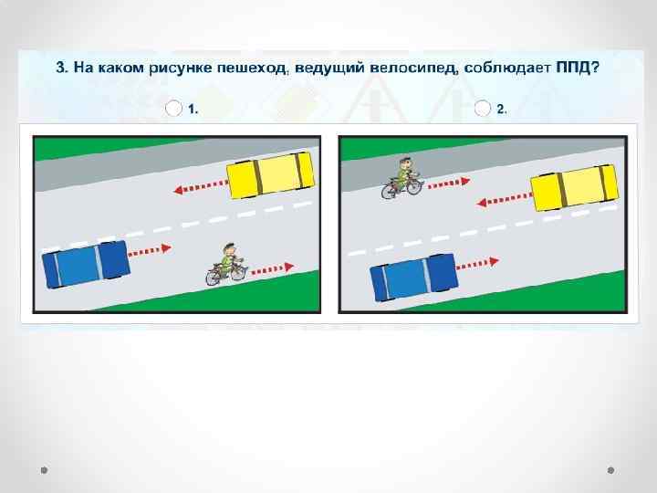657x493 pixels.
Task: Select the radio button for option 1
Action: (173, 108)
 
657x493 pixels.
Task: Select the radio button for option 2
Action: (483, 108)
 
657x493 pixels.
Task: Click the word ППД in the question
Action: (573, 67)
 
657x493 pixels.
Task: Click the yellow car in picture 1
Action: (270, 174)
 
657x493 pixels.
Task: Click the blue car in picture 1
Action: (86, 264)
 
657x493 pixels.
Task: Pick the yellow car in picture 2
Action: (575, 187)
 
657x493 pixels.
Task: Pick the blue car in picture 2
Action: (414, 278)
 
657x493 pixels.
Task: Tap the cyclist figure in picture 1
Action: (226, 265)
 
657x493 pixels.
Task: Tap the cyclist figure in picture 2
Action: (402, 178)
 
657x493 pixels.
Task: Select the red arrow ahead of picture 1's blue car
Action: (150, 251)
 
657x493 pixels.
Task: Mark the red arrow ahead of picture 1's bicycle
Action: (272, 269)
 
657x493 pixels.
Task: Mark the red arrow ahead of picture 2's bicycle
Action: (449, 183)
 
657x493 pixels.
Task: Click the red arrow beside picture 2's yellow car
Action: (504, 200)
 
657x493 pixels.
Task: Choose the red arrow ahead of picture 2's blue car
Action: (477, 264)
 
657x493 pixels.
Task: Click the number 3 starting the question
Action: (61, 68)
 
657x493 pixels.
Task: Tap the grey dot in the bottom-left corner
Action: (44, 470)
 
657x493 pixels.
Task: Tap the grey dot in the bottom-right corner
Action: (610, 470)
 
